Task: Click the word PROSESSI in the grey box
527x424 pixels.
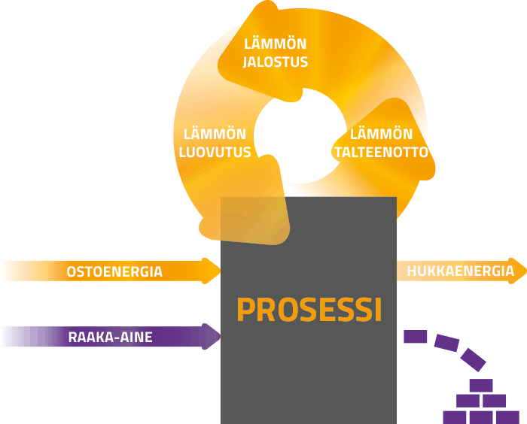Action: click(x=309, y=309)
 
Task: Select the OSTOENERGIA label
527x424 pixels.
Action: click(x=114, y=271)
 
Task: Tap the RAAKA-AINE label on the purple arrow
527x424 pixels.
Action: click(x=110, y=337)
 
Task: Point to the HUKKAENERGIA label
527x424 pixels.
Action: click(x=461, y=271)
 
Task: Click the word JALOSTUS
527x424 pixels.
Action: click(x=276, y=62)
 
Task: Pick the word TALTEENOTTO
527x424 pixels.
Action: click(x=382, y=152)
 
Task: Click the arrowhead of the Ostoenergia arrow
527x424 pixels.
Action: click(x=211, y=271)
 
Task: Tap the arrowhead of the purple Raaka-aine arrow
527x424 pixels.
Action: click(x=211, y=336)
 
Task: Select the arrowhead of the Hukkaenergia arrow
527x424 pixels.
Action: click(x=518, y=271)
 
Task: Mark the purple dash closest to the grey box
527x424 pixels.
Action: click(x=416, y=336)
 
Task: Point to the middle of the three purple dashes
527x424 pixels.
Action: click(x=446, y=343)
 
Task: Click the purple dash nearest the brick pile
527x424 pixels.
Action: click(x=474, y=359)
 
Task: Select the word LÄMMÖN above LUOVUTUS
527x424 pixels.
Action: click(x=215, y=135)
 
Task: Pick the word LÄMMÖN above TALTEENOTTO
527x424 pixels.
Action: click(x=382, y=135)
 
